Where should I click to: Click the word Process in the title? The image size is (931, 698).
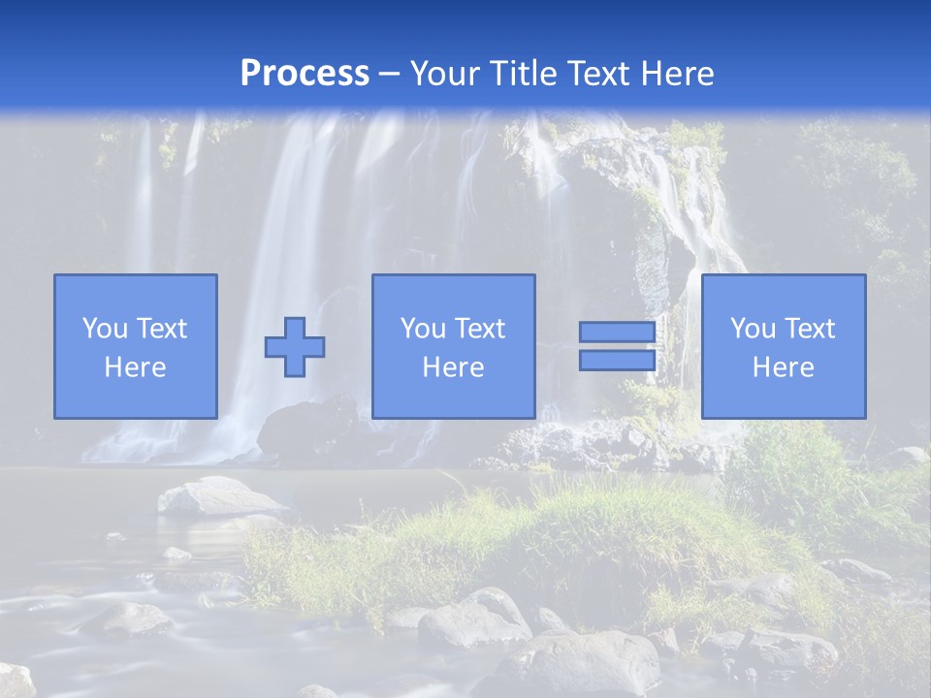(305, 74)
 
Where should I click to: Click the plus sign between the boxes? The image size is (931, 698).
(295, 347)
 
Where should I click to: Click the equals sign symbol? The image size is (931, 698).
(617, 346)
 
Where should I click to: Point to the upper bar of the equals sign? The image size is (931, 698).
(617, 333)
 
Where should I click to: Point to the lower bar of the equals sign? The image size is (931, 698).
(617, 360)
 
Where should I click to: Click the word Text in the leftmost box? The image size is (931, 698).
(162, 329)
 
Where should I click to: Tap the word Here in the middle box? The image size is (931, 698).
(453, 367)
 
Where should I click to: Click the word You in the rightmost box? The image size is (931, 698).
(753, 329)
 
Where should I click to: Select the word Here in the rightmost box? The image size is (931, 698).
(783, 367)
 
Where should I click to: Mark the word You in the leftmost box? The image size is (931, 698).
(105, 329)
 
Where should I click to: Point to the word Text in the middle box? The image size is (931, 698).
(480, 329)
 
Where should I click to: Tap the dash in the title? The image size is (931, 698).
(389, 75)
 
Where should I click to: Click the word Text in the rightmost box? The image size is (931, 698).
(810, 329)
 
